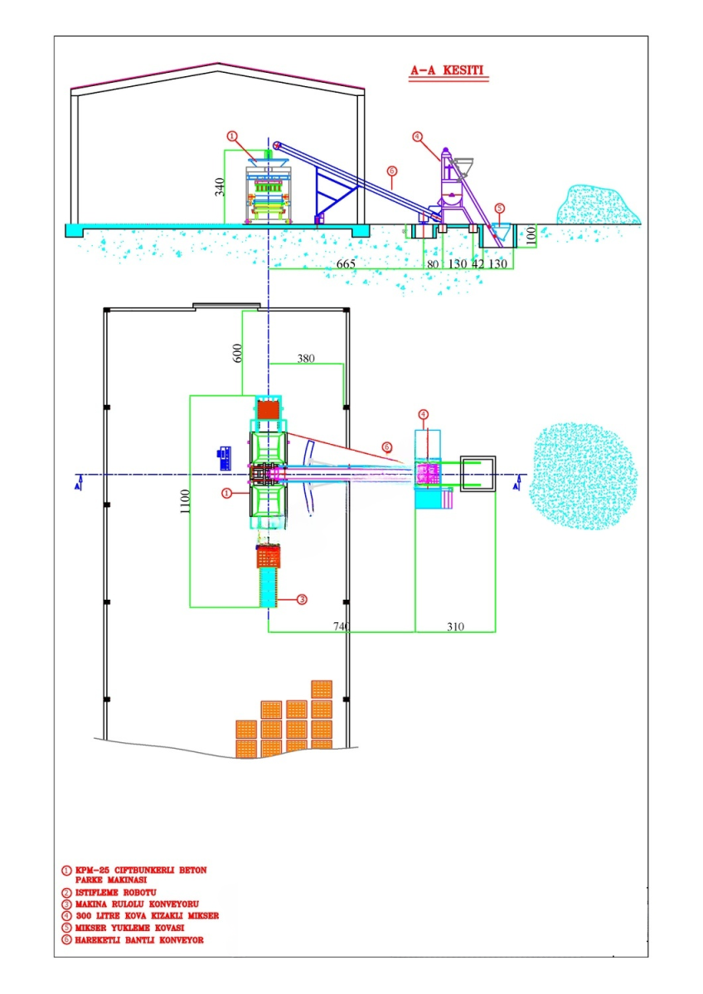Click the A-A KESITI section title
click(x=447, y=70)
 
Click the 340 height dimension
click(x=220, y=187)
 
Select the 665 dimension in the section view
click(x=346, y=264)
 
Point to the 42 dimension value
click(x=478, y=264)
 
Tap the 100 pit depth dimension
click(x=531, y=235)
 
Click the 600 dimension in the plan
click(x=238, y=353)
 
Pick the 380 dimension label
click(x=306, y=358)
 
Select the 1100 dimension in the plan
click(x=185, y=501)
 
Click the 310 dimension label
click(x=455, y=626)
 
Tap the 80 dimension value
click(x=433, y=264)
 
